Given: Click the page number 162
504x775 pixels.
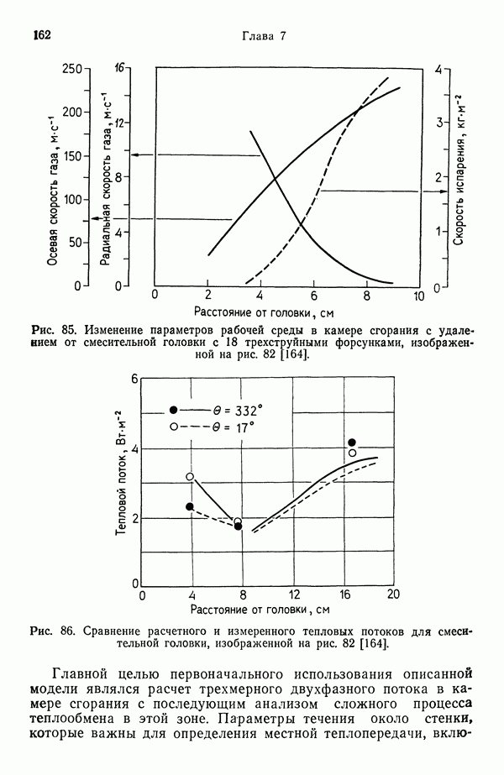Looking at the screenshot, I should tap(42, 35).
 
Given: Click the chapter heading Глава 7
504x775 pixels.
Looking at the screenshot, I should tap(265, 36).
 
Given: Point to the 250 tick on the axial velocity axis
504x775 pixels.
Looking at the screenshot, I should tap(75, 69).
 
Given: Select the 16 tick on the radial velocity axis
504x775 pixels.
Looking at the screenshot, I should tap(120, 68).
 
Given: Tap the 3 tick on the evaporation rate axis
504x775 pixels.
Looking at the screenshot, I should tap(438, 123).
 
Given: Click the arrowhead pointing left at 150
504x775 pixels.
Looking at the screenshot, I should tap(134, 155).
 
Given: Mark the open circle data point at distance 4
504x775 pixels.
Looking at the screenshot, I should tap(190, 477).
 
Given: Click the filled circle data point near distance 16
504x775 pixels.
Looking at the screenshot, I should tap(352, 442).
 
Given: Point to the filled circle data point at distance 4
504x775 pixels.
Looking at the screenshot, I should tap(190, 506).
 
